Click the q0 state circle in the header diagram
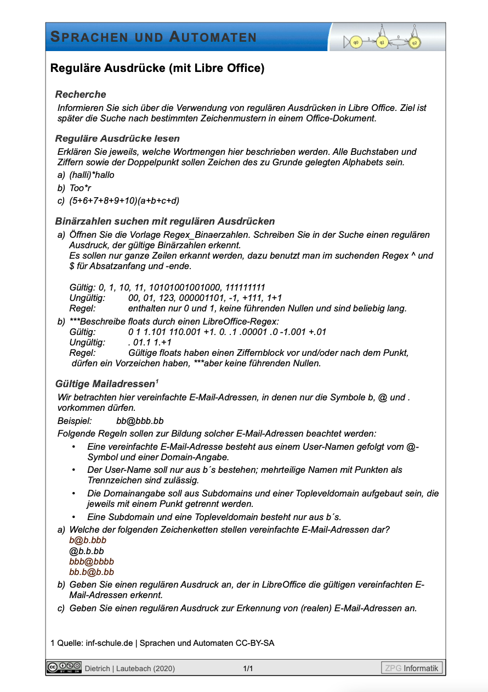coord(355,42)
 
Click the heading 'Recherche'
coord(81,94)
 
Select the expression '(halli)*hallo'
coord(92,175)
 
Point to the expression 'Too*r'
coord(80,188)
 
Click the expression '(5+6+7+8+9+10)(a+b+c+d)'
coord(124,201)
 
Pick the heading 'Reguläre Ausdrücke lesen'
coord(117,138)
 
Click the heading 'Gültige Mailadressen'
coord(105,383)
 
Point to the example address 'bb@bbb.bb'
coord(140,421)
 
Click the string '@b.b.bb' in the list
coord(87,551)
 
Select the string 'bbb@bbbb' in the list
coord(92,561)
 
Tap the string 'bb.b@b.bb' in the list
coord(92,572)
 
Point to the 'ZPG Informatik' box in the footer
coord(412,668)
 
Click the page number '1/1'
coord(248,668)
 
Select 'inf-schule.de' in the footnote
coord(110,643)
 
